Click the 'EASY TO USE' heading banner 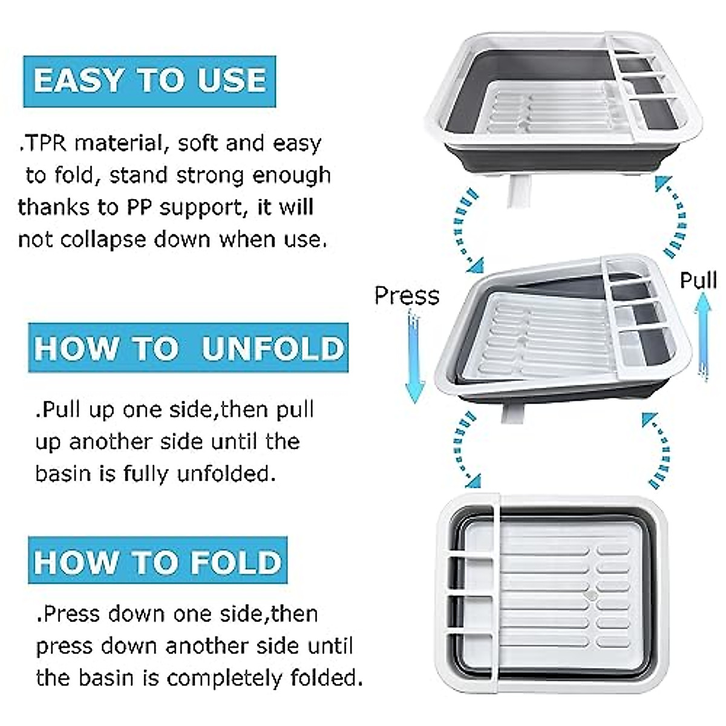pyautogui.click(x=149, y=81)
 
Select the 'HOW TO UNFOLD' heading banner pyautogui.click(x=188, y=348)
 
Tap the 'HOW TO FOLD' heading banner pyautogui.click(x=158, y=561)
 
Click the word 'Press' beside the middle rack pyautogui.click(x=407, y=295)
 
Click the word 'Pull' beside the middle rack pyautogui.click(x=698, y=281)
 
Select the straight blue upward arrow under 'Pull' pyautogui.click(x=702, y=336)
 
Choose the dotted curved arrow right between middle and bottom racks pyautogui.click(x=656, y=451)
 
